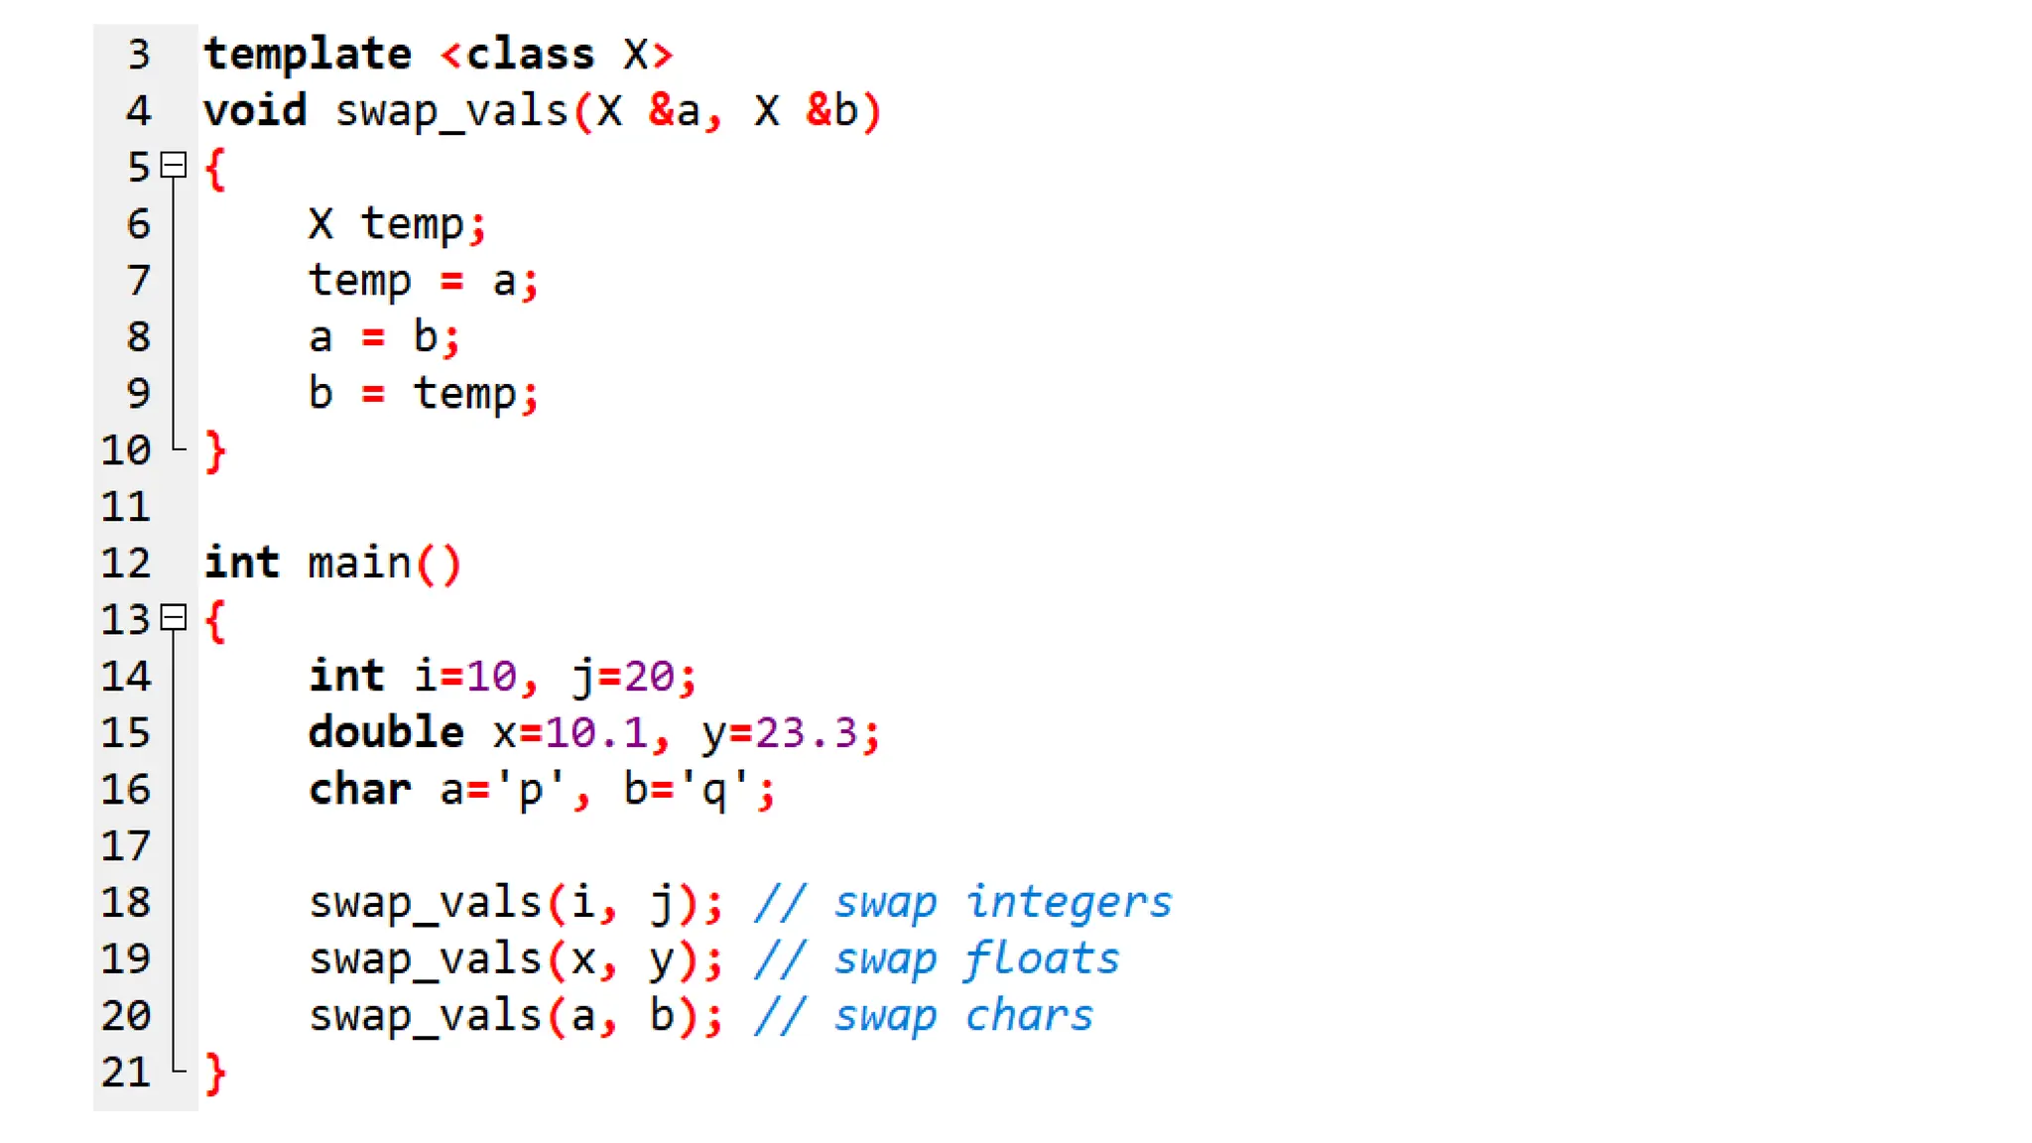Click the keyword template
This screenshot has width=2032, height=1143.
coord(308,55)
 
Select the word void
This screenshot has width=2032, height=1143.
coord(255,110)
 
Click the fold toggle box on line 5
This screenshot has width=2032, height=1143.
coord(174,165)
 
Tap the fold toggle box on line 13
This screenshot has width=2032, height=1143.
coord(174,618)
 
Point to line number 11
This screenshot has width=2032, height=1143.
coord(126,507)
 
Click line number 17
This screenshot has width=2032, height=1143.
coord(126,846)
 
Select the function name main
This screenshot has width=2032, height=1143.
coord(359,564)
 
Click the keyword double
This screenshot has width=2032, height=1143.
coord(386,733)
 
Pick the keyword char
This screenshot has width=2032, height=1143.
coord(359,790)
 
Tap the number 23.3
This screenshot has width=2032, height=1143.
coord(806,733)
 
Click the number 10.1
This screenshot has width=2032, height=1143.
coord(595,733)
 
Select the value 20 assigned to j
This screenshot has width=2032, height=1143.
coord(650,677)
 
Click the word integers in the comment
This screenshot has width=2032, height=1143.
coord(1069,903)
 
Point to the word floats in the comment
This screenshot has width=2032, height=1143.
coord(1042,959)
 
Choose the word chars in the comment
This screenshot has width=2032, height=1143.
coord(1029,1016)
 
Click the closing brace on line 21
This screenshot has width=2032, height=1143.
coord(215,1074)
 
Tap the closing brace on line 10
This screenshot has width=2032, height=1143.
coord(215,451)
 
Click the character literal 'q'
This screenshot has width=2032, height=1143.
coord(713,790)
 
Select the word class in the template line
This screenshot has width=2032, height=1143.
coord(530,55)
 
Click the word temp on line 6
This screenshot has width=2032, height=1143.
coord(412,224)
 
